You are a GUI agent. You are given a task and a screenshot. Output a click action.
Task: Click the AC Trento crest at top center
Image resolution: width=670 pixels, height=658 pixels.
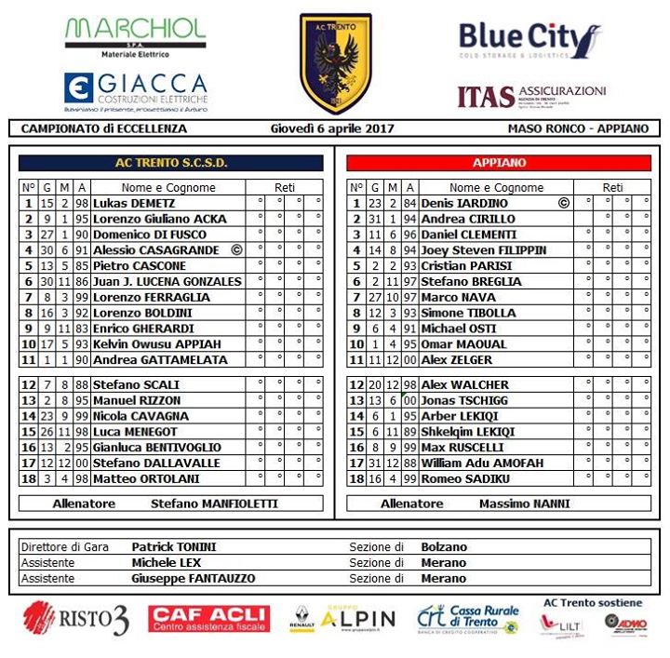click(x=335, y=63)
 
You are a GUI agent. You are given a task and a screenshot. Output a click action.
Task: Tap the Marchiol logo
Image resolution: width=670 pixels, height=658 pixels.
click(x=135, y=35)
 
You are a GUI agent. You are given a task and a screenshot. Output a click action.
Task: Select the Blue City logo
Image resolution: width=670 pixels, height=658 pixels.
click(x=529, y=41)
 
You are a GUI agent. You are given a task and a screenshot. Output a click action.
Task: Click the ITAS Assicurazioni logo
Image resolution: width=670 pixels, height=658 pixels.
click(x=531, y=95)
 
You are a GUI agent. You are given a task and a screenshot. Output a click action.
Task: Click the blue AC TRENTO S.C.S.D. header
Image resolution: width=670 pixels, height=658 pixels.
click(x=171, y=163)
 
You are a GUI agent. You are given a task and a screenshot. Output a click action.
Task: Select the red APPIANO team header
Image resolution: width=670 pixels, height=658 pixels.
click(x=499, y=163)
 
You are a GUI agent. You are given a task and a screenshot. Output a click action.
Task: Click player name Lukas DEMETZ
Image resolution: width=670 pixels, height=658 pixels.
click(x=134, y=203)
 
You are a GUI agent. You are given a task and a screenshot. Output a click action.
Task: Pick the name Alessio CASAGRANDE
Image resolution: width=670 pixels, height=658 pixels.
click(x=155, y=250)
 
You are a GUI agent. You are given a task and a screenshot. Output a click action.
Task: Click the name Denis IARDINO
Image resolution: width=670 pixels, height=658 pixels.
click(x=464, y=203)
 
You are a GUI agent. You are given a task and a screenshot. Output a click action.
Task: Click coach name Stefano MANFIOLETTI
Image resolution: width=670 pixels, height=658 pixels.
click(x=214, y=504)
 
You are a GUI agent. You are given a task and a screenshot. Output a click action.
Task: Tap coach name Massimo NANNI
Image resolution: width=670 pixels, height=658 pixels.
click(x=525, y=504)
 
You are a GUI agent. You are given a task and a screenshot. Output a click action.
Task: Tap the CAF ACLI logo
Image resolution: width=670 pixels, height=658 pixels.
click(x=208, y=618)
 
